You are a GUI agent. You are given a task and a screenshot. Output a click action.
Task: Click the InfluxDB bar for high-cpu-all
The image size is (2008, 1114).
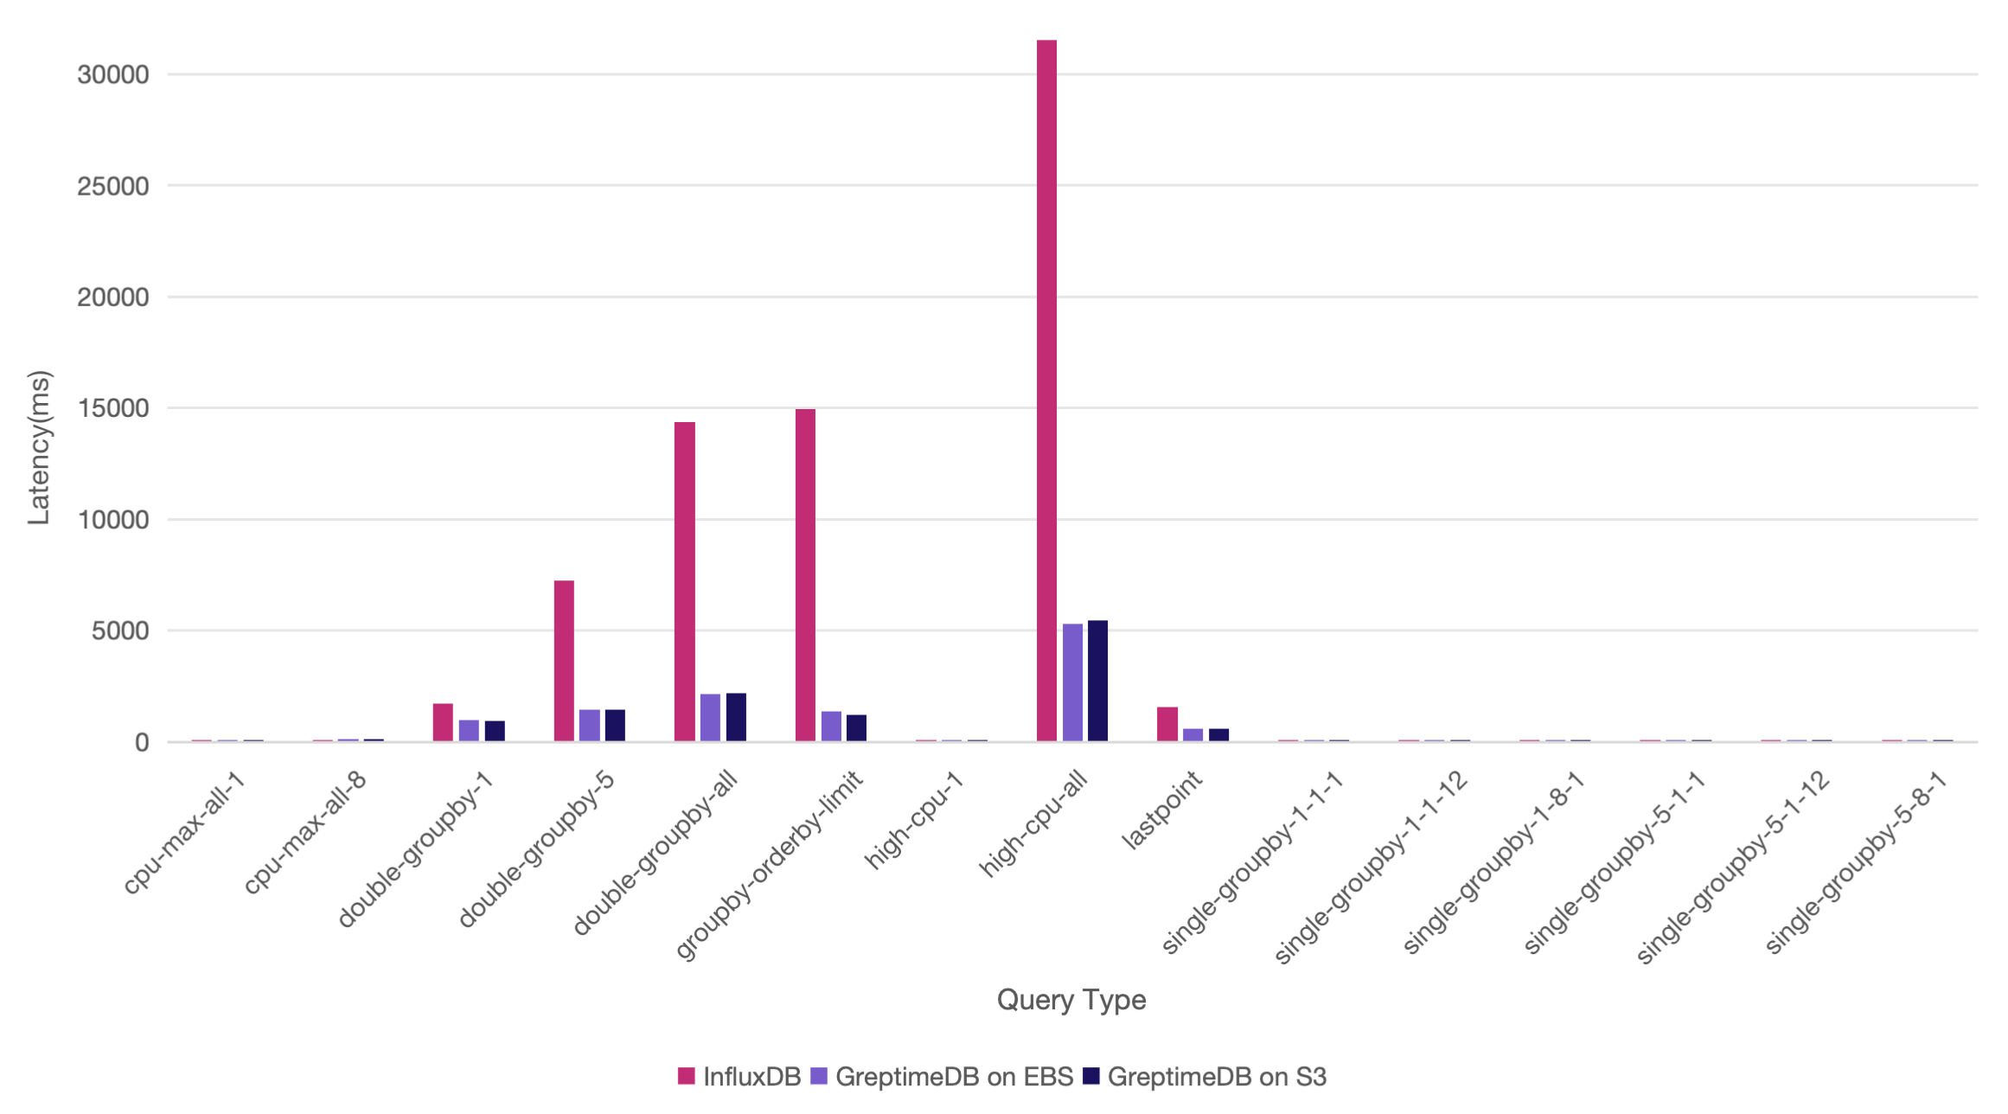click(1046, 389)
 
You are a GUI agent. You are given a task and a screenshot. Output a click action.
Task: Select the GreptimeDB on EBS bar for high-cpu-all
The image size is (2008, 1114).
click(1072, 682)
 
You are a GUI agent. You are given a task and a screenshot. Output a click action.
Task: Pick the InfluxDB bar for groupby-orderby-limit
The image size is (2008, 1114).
click(805, 575)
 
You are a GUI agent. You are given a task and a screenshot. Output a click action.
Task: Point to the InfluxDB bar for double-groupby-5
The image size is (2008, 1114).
click(564, 661)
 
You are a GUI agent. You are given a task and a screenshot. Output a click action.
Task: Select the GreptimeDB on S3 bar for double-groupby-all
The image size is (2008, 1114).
click(736, 717)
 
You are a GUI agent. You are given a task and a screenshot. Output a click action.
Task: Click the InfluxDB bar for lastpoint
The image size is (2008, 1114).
click(1167, 724)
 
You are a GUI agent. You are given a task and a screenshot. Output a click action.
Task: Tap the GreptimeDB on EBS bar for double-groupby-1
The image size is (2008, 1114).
click(469, 730)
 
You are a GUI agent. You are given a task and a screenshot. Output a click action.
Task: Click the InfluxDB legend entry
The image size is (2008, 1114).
click(739, 1077)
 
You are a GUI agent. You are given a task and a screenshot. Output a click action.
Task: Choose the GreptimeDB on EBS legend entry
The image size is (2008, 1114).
click(943, 1077)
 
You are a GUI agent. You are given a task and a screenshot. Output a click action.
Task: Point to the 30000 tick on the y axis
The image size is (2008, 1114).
click(113, 74)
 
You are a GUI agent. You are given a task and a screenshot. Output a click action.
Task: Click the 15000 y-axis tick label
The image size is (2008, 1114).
click(113, 408)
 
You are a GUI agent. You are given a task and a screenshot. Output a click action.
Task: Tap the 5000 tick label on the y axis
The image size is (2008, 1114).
click(120, 631)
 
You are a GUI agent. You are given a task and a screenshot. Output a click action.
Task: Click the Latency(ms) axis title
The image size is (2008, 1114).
click(39, 448)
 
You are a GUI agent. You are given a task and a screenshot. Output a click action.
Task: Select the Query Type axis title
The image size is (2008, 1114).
click(1071, 1000)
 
